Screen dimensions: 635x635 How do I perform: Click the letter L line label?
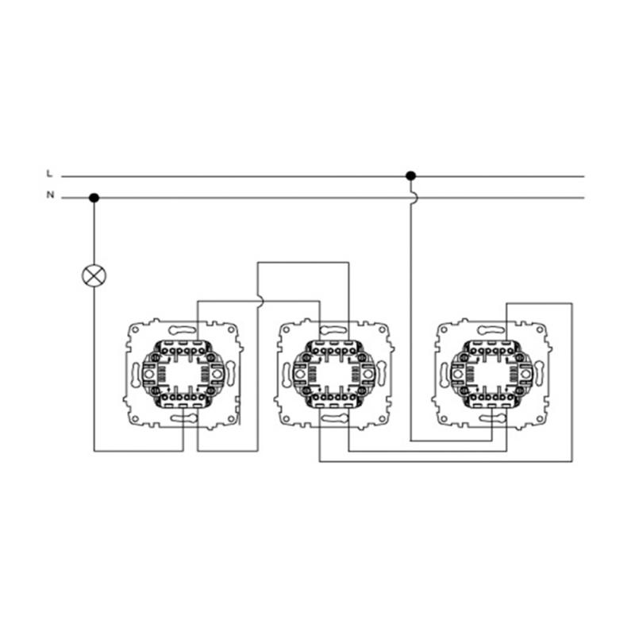pyautogui.click(x=49, y=173)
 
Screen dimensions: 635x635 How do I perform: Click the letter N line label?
pyautogui.click(x=50, y=194)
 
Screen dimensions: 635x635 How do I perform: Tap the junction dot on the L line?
pyautogui.click(x=410, y=175)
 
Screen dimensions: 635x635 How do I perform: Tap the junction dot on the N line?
pyautogui.click(x=94, y=198)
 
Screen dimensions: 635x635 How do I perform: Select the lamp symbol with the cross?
pyautogui.click(x=94, y=275)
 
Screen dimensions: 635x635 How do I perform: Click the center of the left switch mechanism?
pyautogui.click(x=183, y=373)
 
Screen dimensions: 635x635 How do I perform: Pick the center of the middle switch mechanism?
pyautogui.click(x=333, y=373)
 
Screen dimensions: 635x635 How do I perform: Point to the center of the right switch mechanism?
pyautogui.click(x=491, y=373)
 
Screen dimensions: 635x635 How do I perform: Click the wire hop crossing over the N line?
pyautogui.click(x=413, y=198)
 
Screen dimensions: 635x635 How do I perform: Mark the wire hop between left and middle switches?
pyautogui.click(x=260, y=301)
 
